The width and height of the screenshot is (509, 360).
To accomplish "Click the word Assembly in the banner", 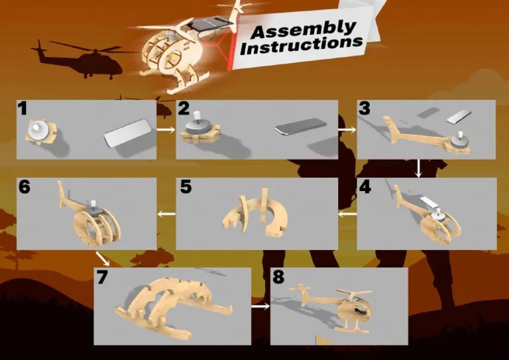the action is tap(303, 29).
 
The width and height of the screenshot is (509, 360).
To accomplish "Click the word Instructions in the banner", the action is tap(302, 45).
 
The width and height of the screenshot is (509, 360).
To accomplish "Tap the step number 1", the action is tap(22, 109).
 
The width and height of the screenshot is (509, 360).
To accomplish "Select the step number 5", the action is tap(186, 187).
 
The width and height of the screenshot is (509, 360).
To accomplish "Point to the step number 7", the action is tap(102, 277).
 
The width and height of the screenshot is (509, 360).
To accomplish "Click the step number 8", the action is tap(278, 277).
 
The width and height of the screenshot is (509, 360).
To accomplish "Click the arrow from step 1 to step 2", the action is tap(166, 129).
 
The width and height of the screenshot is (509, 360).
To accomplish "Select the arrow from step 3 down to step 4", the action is tap(419, 168).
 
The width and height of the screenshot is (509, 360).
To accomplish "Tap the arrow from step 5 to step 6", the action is tap(166, 213).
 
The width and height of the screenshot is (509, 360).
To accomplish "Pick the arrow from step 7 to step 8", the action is tap(260, 306).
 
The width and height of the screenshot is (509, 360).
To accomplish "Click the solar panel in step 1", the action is tap(128, 133).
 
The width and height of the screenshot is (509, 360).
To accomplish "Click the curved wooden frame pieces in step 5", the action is tap(255, 212).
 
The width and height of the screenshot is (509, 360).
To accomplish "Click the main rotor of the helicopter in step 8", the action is tap(354, 294).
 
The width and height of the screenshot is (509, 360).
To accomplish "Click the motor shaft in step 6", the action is tap(94, 204).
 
